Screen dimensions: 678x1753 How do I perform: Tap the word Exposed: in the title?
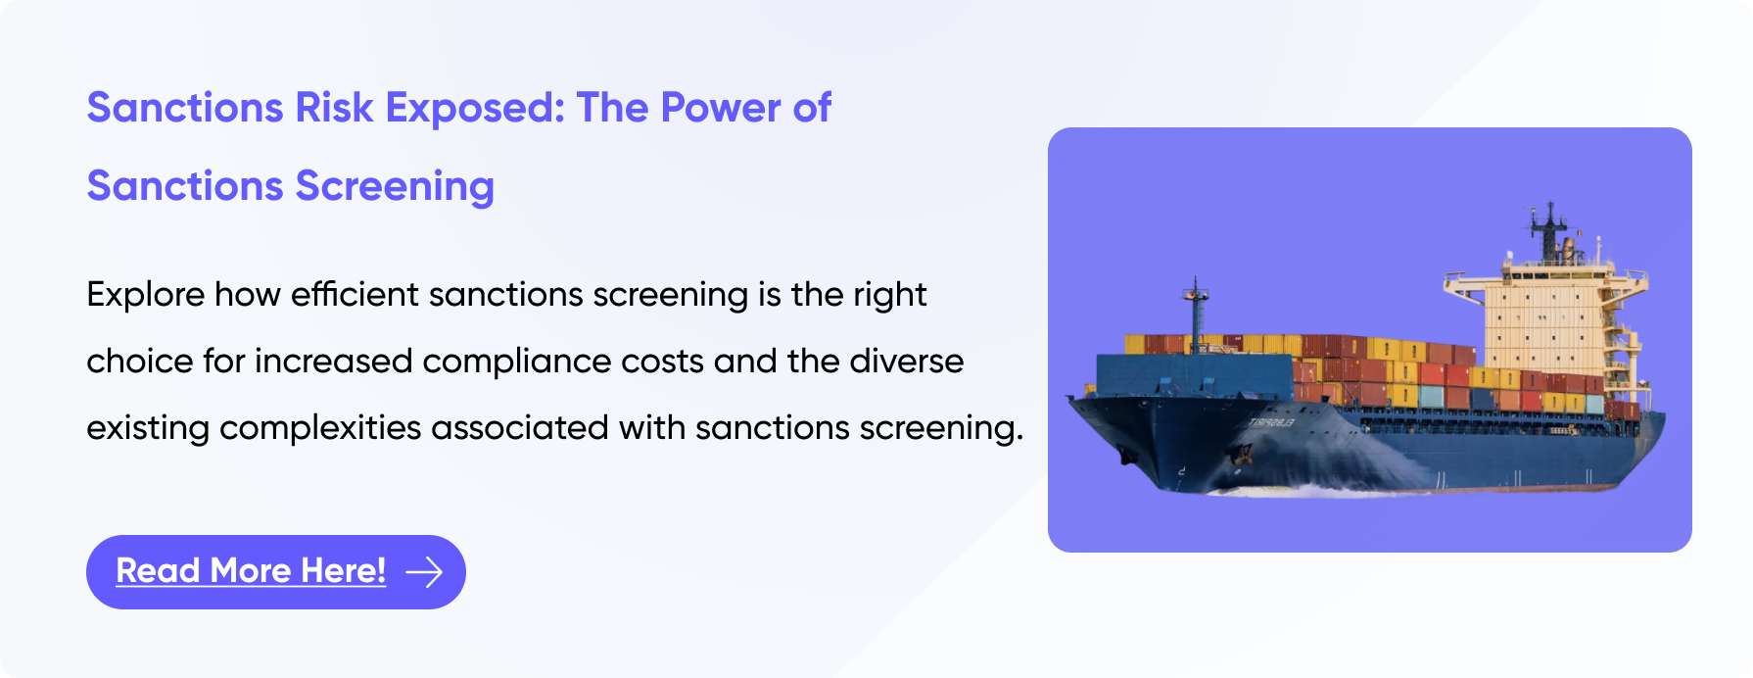[x=475, y=108]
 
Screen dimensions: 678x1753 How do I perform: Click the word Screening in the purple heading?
[x=395, y=186]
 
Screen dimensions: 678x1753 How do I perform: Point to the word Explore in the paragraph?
[x=145, y=295]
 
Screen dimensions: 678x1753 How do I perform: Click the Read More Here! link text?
[x=251, y=571]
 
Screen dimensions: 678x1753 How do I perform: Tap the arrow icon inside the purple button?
[x=424, y=572]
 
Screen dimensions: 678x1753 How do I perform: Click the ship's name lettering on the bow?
[x=1270, y=423]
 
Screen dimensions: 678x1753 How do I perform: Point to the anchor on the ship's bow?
[x=1242, y=453]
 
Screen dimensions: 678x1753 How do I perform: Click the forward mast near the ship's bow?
[x=1195, y=314]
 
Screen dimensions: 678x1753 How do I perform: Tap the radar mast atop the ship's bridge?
[x=1549, y=230]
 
